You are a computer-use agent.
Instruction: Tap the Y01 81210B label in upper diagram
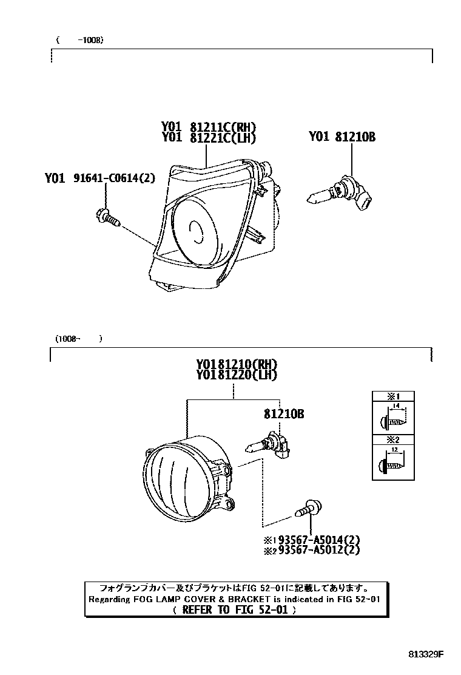coord(342,137)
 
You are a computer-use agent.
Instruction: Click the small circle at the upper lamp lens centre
coord(196,231)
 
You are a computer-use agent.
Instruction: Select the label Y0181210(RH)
coord(236,364)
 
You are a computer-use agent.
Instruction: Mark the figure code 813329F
coord(425,654)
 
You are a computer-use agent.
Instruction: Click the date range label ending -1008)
coord(79,41)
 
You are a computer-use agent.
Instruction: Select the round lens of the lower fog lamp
coord(173,480)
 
